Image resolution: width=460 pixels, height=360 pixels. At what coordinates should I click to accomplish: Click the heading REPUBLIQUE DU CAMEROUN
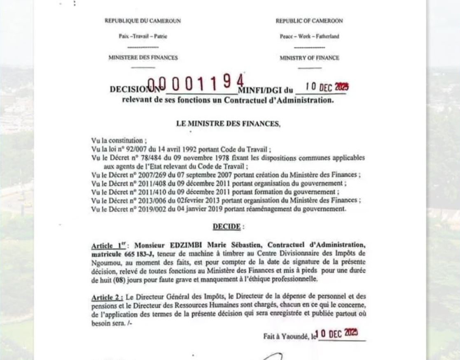click(x=142, y=21)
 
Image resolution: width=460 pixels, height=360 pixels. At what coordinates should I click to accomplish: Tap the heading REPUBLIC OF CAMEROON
click(x=309, y=21)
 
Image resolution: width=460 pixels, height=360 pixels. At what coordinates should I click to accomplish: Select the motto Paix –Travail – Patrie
click(x=143, y=36)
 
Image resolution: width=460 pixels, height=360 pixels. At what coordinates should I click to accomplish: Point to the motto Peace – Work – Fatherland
click(x=309, y=36)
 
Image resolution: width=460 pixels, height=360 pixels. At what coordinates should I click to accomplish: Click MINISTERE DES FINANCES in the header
click(x=143, y=58)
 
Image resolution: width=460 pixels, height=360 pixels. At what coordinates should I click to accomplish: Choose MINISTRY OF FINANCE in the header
click(x=309, y=58)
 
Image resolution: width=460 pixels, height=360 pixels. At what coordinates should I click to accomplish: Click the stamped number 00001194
click(x=196, y=84)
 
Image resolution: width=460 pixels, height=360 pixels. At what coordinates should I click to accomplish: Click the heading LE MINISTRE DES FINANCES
click(x=228, y=123)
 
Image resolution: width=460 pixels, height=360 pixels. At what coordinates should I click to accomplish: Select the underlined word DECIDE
click(x=226, y=227)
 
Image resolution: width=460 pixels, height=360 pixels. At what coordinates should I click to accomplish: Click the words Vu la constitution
click(x=117, y=141)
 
